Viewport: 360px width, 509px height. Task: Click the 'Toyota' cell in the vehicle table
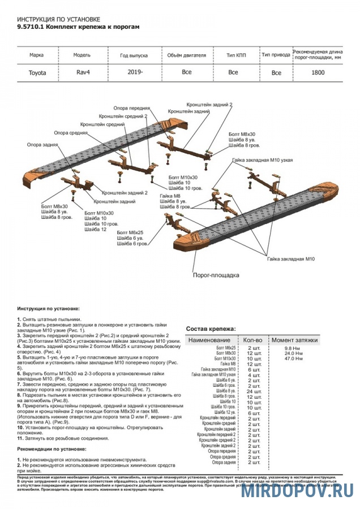37,73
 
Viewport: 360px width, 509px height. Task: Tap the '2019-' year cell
135,72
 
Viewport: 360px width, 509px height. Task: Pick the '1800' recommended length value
318,72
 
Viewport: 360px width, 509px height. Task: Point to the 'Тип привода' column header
276,55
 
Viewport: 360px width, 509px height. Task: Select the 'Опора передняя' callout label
131,107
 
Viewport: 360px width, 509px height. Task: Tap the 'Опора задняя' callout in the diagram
42,145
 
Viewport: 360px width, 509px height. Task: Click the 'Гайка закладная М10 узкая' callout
262,161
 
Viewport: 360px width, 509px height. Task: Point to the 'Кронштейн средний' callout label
102,124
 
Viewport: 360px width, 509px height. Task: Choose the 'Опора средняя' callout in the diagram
71,133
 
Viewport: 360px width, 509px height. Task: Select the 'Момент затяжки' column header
294,340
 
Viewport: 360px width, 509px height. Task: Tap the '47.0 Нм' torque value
293,359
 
